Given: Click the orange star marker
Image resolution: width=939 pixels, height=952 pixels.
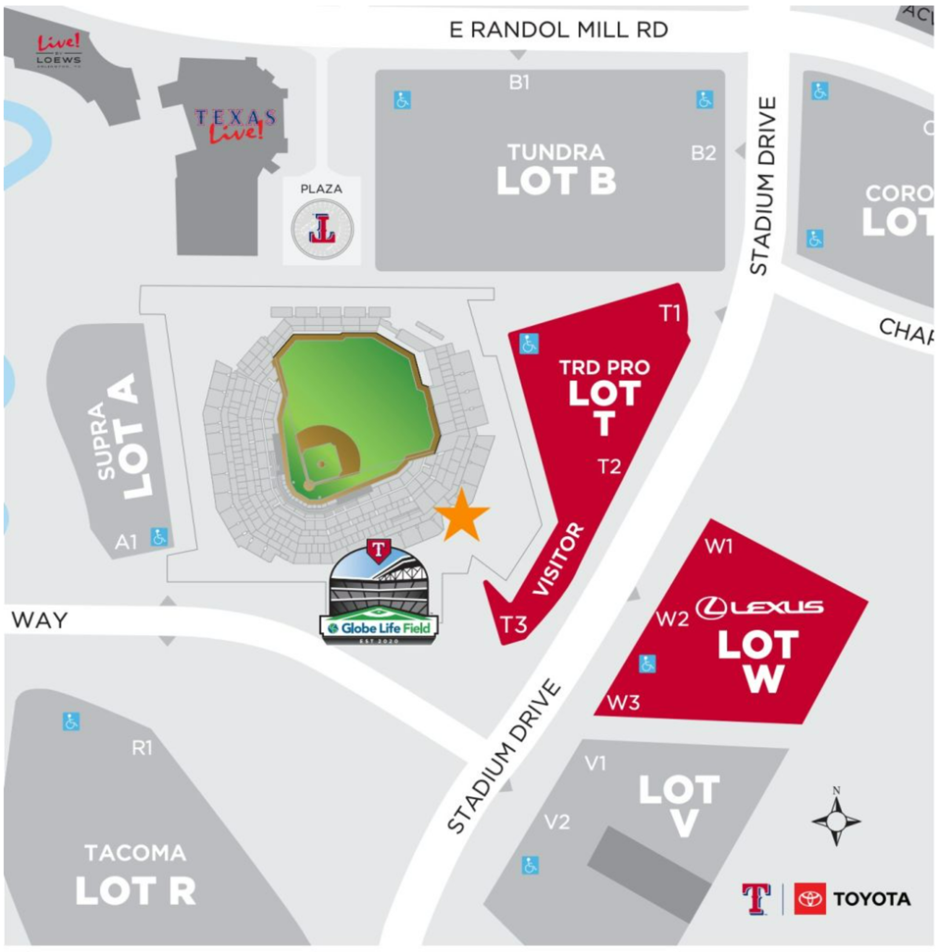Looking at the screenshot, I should coord(461,516).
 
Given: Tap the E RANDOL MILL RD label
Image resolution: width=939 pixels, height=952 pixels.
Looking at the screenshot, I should coord(558,31).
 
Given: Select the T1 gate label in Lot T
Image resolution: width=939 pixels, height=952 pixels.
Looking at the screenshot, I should coord(669,313).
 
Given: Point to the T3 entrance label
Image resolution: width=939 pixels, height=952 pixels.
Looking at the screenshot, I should coord(514,624).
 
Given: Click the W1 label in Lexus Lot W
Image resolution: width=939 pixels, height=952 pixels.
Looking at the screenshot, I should coord(718,546).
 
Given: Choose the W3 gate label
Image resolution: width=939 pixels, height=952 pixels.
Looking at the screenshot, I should coord(623,702).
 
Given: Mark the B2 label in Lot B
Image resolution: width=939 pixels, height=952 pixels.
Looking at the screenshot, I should coord(703,153).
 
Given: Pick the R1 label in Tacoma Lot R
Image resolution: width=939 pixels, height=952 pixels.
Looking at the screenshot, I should coord(142,748).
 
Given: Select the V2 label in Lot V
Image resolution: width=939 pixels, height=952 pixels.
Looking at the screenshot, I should coord(557,821).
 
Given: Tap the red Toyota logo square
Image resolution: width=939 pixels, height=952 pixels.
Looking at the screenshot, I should coord(809,899).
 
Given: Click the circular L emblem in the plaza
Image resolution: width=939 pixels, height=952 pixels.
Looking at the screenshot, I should coord(322,229).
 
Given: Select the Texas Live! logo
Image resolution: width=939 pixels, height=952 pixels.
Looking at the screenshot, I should coord(236,124).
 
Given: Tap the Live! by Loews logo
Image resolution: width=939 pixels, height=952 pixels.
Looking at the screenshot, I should coord(59,51).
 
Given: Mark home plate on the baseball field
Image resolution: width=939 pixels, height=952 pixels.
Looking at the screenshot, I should coord(308,486).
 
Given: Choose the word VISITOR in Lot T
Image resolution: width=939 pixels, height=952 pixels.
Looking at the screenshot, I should coord(559,559).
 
